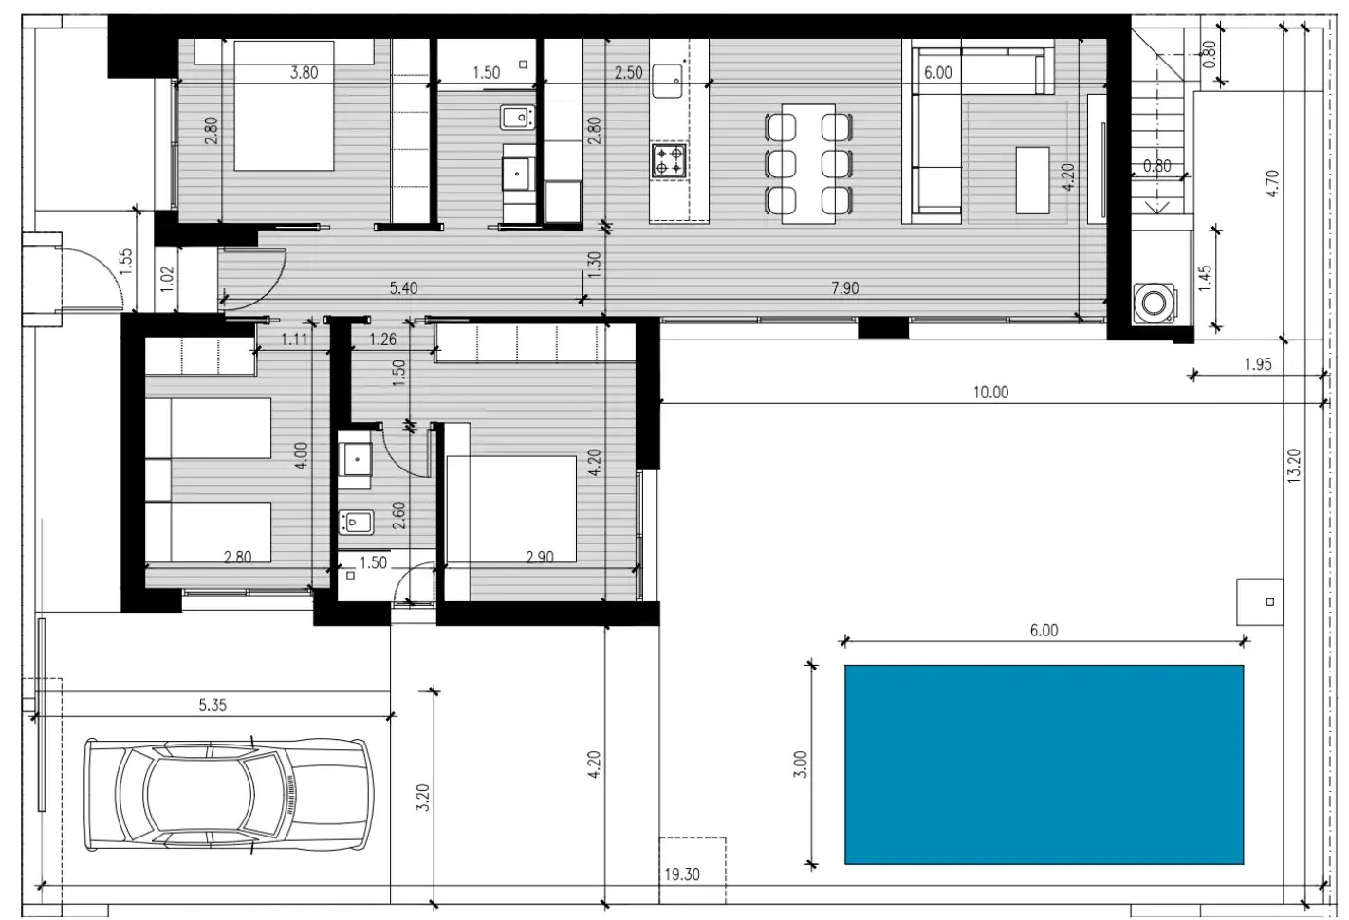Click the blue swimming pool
(1044, 764)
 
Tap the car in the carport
(229, 794)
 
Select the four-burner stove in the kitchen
(669, 160)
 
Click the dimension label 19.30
(682, 874)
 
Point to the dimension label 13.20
(1294, 466)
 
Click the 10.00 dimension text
(990, 393)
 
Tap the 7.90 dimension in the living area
(845, 287)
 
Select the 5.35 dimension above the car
(213, 705)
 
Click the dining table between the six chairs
(808, 164)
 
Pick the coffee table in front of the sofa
(1032, 180)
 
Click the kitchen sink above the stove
(667, 82)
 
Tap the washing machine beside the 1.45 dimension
(1154, 303)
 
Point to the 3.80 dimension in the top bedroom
(305, 73)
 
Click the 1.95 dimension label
(1258, 364)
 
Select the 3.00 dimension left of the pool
(800, 764)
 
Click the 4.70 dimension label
(1272, 184)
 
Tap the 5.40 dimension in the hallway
(403, 287)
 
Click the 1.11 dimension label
(294, 340)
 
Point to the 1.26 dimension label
(383, 340)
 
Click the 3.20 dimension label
(423, 797)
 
